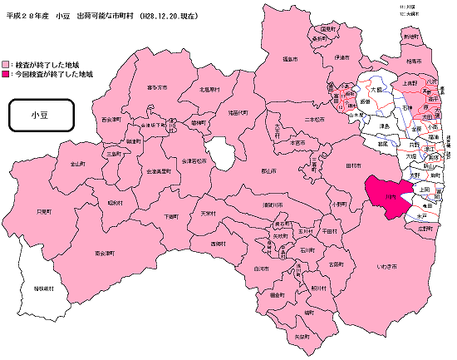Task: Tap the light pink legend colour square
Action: [7, 64]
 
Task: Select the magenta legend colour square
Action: [7, 75]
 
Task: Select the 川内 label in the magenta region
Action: [390, 197]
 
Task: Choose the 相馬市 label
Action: [414, 62]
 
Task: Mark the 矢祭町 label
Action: [301, 336]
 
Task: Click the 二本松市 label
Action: [313, 120]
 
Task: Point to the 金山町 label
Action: [78, 164]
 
